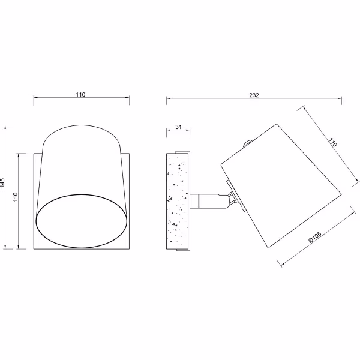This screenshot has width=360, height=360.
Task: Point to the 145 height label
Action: [3, 184]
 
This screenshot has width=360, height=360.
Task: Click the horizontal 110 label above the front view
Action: [81, 94]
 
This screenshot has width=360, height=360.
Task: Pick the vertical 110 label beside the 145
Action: [17, 197]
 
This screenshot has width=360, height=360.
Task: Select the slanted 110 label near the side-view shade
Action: [332, 144]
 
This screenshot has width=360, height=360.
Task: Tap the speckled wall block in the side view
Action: [178, 199]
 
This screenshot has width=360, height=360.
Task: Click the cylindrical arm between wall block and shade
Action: [205, 199]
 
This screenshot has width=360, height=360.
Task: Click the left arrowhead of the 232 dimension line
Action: [168, 98]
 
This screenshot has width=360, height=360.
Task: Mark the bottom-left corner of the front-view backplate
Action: [34, 248]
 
